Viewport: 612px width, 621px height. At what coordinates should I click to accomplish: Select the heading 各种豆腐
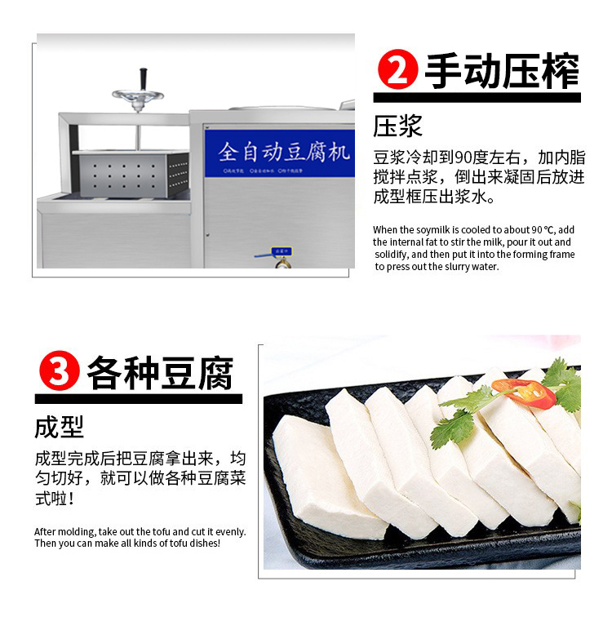click(x=160, y=373)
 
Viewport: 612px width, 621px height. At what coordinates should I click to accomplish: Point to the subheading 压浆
click(x=397, y=126)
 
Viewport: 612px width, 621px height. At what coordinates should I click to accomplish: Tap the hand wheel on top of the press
click(x=138, y=95)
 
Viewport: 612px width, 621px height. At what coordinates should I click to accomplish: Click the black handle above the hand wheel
click(x=141, y=77)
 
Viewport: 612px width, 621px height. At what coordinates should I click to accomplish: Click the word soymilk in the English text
click(x=435, y=230)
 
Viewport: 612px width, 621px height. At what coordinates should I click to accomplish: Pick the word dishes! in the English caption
click(x=204, y=543)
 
